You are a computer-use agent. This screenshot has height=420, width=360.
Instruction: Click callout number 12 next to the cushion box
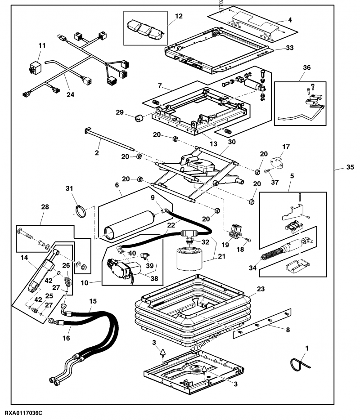[179, 16]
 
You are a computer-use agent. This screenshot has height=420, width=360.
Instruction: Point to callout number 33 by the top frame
[289, 48]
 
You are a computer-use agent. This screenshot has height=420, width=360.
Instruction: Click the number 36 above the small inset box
[306, 68]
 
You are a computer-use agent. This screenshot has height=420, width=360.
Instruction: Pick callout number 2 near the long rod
[96, 153]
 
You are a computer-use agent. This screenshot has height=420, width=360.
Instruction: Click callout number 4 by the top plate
[289, 20]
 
